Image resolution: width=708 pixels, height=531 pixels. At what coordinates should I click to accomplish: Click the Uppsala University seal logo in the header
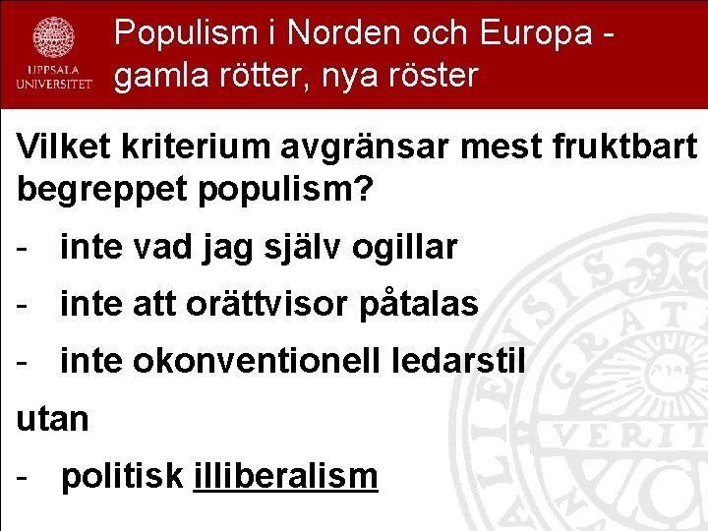pos(54,39)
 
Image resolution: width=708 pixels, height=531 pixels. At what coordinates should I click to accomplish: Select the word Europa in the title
pos(536,33)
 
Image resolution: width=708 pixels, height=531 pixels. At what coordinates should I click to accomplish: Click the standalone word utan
pos(53,420)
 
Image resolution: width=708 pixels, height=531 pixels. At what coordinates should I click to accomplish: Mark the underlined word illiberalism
pos(286,476)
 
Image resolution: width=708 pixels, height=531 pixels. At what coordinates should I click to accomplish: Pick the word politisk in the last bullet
pos(122,477)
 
